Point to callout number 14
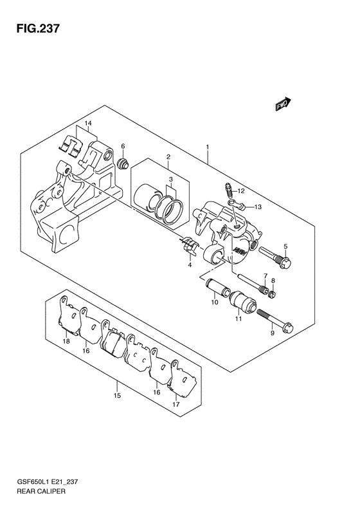tap(88, 123)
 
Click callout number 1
tap(207, 147)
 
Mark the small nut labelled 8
tap(272, 295)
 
